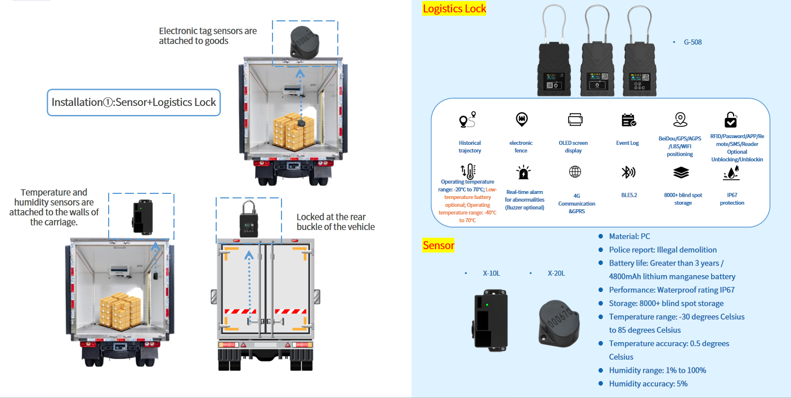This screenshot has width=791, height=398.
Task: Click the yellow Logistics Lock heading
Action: [454, 8]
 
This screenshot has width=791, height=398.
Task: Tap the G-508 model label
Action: [692, 42]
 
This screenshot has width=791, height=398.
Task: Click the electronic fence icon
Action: [521, 119]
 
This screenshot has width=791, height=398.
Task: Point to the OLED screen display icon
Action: [575, 120]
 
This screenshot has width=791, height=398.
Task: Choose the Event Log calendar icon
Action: [628, 120]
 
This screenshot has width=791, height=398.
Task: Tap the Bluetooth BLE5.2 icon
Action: [628, 172]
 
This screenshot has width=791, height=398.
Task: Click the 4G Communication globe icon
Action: [575, 172]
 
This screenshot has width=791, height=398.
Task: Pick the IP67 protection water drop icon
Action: [731, 173]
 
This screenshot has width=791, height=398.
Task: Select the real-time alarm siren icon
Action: [524, 173]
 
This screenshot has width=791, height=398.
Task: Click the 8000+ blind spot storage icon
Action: [681, 173]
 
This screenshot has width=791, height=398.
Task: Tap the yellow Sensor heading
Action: [438, 245]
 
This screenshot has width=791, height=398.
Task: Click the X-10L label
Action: [491, 273]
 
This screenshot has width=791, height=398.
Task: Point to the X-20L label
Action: [556, 273]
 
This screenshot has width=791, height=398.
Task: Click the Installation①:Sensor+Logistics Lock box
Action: [134, 103]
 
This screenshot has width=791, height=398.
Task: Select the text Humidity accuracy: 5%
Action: [648, 384]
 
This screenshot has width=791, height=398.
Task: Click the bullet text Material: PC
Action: [629, 236]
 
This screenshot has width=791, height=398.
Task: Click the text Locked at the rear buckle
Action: [336, 222]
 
